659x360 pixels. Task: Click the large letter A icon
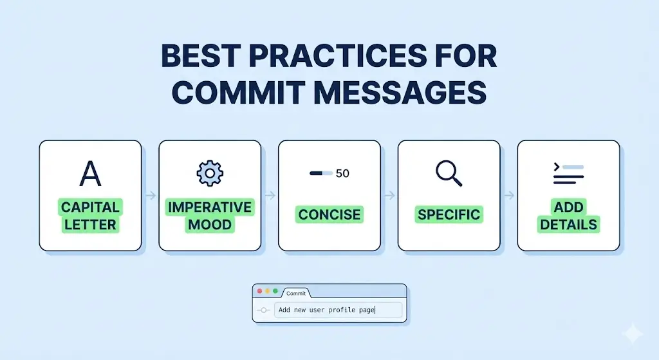click(x=90, y=173)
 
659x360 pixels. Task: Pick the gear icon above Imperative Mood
click(x=209, y=173)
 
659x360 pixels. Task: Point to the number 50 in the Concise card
click(x=342, y=173)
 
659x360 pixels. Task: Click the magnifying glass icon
click(x=449, y=173)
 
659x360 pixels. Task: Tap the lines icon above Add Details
click(x=568, y=174)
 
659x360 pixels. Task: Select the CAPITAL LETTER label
click(x=90, y=216)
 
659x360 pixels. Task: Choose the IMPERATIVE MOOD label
click(x=210, y=216)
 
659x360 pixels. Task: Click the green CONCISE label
click(x=329, y=214)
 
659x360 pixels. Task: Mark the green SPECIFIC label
click(x=449, y=214)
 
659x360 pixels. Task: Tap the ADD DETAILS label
click(x=568, y=216)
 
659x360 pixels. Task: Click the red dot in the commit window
click(x=260, y=292)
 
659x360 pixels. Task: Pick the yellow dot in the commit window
click(x=268, y=292)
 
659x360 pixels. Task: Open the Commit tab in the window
click(x=296, y=293)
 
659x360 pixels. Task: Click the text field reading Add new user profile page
click(x=338, y=310)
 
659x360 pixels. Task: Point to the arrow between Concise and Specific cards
click(x=389, y=194)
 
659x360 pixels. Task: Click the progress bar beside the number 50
click(x=320, y=173)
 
